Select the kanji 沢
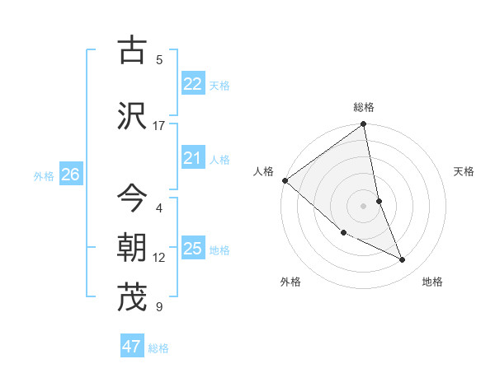click(132, 116)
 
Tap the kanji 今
click(132, 198)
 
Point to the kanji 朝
click(132, 248)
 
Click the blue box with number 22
click(193, 83)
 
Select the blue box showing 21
click(193, 158)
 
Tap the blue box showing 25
click(193, 249)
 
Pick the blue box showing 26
click(70, 174)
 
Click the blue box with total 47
click(132, 347)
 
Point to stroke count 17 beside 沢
click(158, 126)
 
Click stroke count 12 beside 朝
click(158, 258)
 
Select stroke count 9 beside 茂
click(158, 307)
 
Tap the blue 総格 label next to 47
click(158, 348)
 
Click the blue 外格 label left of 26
click(44, 175)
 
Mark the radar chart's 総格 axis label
click(364, 107)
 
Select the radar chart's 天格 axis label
click(464, 171)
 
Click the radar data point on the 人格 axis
click(285, 180)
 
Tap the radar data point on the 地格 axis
click(403, 260)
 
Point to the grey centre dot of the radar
click(364, 205)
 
